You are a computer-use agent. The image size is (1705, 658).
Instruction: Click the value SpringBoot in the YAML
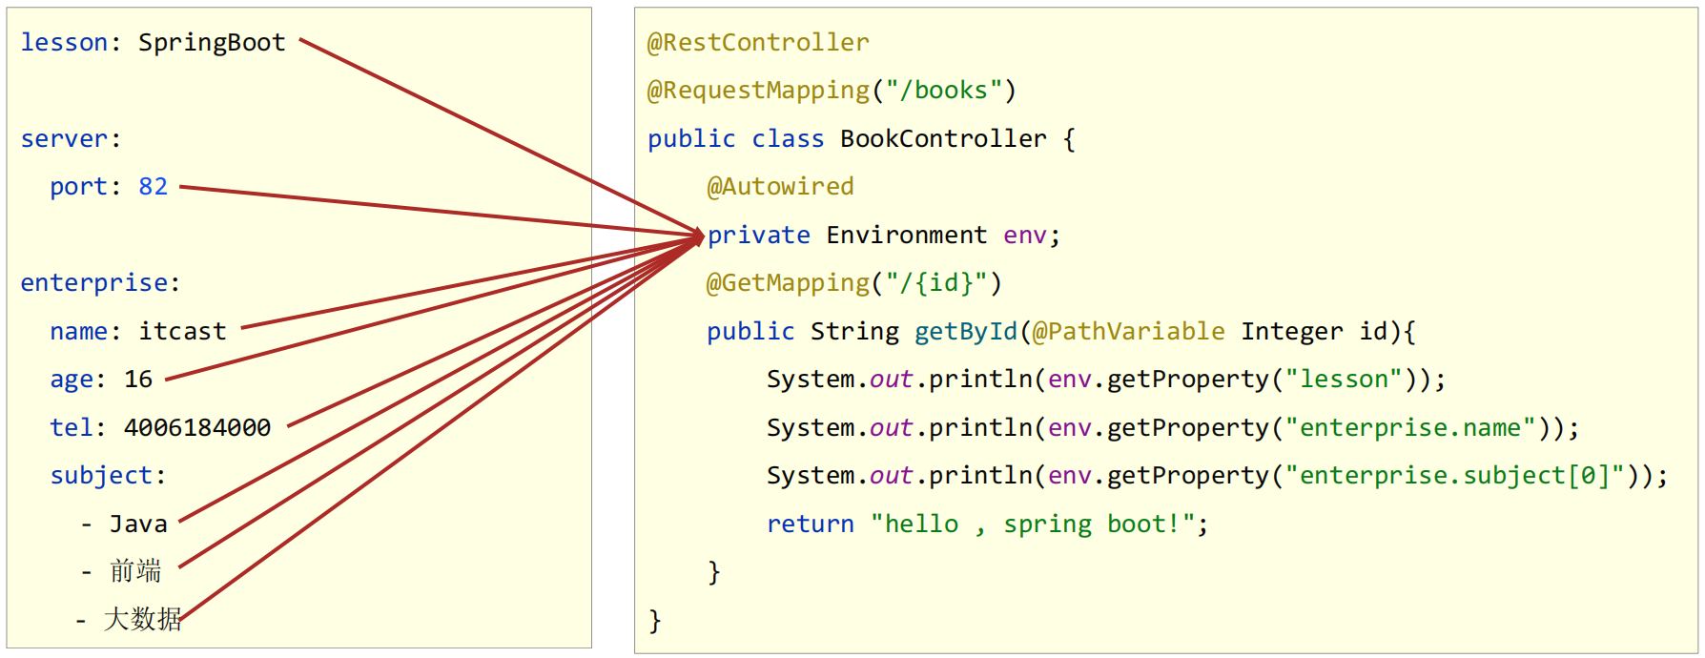point(212,43)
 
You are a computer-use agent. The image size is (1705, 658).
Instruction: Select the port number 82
point(153,186)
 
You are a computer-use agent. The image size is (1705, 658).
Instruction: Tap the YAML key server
point(64,139)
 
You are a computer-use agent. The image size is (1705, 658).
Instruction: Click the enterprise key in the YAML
point(93,283)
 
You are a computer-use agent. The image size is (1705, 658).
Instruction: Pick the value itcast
point(182,331)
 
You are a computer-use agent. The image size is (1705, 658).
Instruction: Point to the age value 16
point(138,379)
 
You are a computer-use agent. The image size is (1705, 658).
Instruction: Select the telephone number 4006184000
point(197,427)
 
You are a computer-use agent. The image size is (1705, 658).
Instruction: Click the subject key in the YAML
point(101,475)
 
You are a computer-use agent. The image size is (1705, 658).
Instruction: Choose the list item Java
point(138,524)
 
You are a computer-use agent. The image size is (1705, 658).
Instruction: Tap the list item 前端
point(135,571)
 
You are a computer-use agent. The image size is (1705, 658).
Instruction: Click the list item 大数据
point(142,619)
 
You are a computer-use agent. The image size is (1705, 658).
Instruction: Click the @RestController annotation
point(758,43)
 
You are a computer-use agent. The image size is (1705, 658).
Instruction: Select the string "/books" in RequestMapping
point(944,91)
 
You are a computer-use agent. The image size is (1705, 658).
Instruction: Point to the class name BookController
point(943,139)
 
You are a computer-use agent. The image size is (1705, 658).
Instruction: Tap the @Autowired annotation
point(780,187)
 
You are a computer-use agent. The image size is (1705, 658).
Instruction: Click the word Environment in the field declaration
point(907,235)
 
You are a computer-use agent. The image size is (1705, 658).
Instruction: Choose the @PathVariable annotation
point(1129,331)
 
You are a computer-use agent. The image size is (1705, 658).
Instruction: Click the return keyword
point(811,524)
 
